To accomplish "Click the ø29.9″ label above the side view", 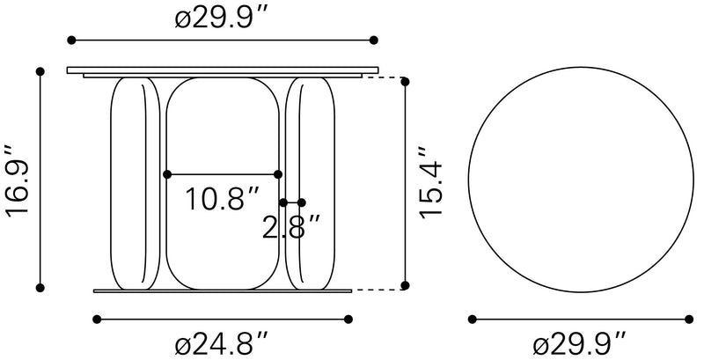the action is (x=222, y=18).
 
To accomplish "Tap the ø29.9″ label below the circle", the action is (x=580, y=346).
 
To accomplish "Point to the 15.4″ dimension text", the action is (x=431, y=183).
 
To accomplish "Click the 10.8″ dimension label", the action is (x=223, y=198).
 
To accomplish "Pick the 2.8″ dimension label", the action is (x=291, y=227).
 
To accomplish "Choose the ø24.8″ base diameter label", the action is (x=222, y=346).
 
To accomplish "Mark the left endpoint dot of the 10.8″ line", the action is (x=167, y=174).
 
